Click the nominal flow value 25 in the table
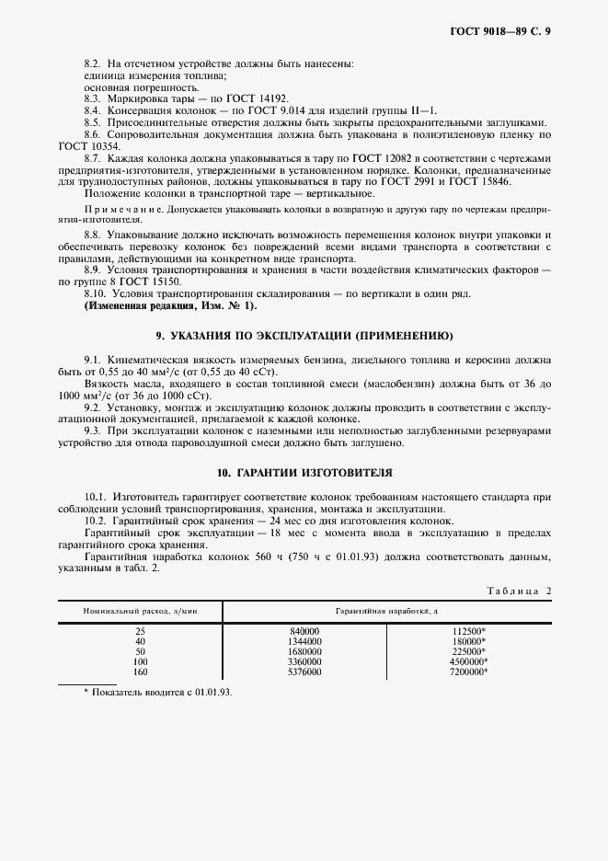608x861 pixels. tap(140, 631)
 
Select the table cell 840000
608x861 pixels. tap(304, 631)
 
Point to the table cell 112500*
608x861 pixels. tap(469, 631)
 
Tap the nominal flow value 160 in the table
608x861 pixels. tap(140, 672)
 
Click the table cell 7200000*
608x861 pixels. tap(467, 672)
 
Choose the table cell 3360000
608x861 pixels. tap(304, 662)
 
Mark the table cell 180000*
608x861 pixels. tap(469, 641)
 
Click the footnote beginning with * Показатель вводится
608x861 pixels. tap(158, 692)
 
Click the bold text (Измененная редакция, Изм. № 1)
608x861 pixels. tap(171, 304)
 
